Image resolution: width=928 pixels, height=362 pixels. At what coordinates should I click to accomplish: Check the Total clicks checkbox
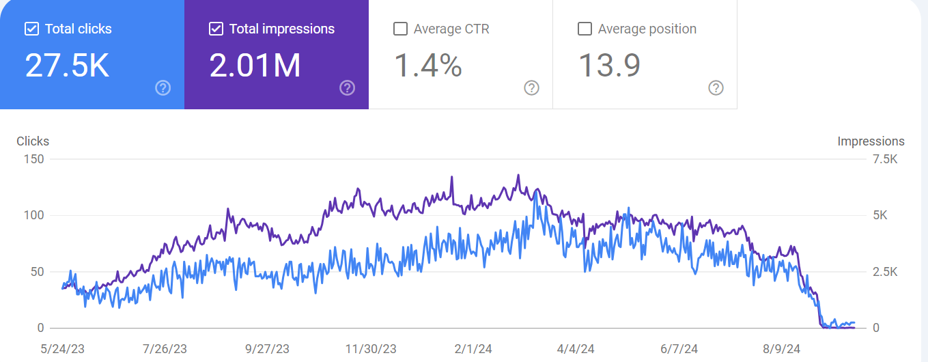pos(31,29)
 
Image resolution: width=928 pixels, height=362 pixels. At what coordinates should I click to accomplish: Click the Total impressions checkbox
pos(216,29)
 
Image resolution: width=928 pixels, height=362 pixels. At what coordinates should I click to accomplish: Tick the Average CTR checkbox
pos(401,29)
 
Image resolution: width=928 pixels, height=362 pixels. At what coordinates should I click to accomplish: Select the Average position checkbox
pos(585,29)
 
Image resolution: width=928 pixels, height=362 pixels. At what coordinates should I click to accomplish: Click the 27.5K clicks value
pos(67,66)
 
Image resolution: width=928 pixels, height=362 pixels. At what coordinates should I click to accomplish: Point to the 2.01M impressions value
pos(255,66)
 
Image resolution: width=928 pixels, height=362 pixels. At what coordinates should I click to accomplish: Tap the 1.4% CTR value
pos(428,66)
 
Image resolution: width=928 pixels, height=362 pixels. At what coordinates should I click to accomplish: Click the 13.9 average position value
pos(609,66)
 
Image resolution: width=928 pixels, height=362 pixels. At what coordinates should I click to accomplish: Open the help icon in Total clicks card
pos(163,87)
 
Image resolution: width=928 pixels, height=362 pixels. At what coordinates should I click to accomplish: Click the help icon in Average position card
pos(716,87)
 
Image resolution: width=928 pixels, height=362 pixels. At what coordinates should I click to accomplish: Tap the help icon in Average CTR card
pos(531,87)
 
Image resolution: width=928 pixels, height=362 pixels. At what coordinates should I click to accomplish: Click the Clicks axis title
pos(33,141)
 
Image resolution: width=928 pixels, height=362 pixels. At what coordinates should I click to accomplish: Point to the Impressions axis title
pos(871,141)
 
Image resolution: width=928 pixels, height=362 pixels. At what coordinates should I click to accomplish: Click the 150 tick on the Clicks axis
pos(33,159)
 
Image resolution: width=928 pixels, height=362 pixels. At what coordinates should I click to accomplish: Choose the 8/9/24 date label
pos(783,349)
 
